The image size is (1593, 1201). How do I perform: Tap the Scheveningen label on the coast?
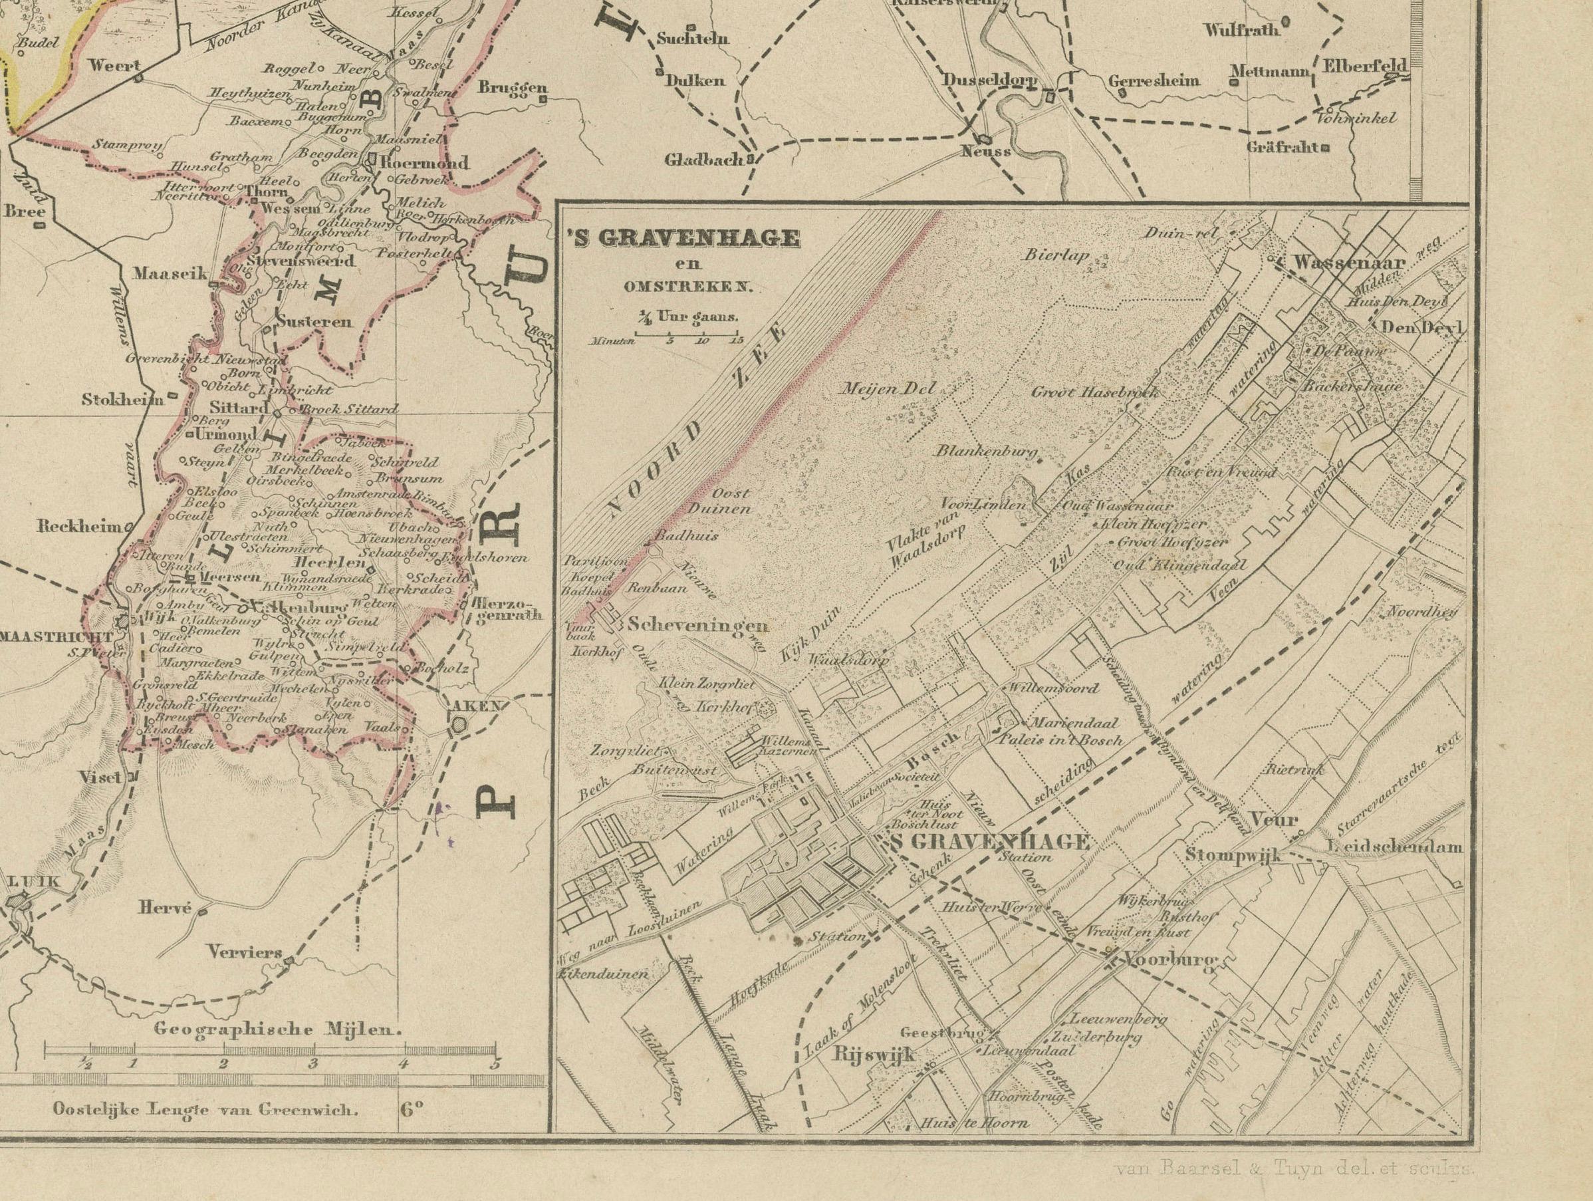tap(687, 624)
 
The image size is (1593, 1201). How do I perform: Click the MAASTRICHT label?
tap(55, 638)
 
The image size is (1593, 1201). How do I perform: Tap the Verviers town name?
tap(244, 952)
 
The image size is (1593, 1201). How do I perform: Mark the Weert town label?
tap(113, 65)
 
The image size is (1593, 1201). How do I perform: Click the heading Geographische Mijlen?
tap(277, 1029)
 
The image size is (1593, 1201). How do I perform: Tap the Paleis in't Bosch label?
tap(1070, 739)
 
